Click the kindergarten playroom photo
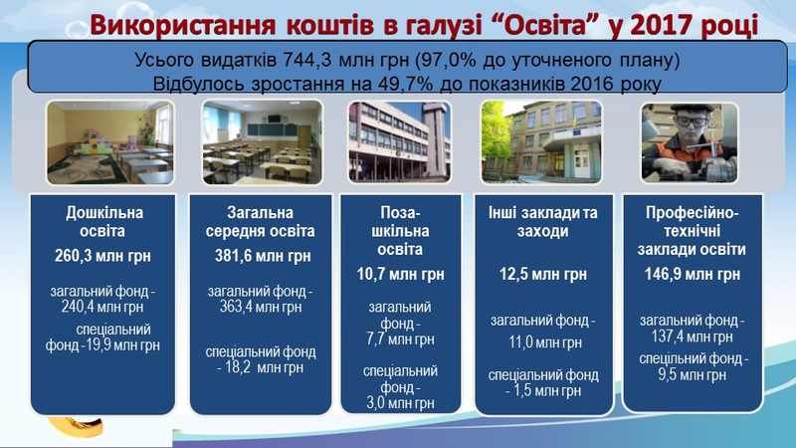point(110,142)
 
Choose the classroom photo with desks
point(262,142)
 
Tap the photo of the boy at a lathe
point(690,142)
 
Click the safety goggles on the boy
point(691,121)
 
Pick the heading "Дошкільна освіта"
point(104,221)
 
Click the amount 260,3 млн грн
point(102,256)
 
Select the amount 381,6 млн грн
point(263,256)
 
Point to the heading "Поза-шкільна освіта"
point(400,231)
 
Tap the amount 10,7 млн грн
point(400,275)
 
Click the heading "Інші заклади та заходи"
point(542,221)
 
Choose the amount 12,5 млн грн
point(542,275)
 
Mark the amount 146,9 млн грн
point(692,275)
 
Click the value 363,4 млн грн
point(261,307)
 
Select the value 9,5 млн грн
point(692,375)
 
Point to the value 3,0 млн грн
point(400,403)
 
